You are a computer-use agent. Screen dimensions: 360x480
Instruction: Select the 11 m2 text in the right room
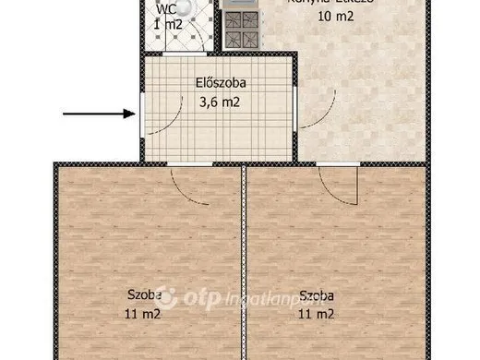[x=316, y=313]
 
